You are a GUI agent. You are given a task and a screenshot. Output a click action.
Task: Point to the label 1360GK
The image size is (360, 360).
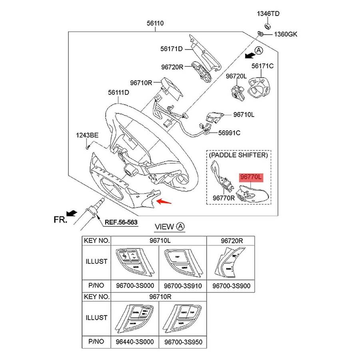click(x=286, y=35)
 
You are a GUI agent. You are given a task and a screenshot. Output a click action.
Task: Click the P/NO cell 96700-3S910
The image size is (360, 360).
click(x=182, y=286)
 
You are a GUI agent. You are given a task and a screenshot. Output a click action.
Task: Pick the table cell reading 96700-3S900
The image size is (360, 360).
click(x=230, y=286)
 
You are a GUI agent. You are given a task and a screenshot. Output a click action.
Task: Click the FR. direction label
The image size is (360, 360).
click(x=61, y=219)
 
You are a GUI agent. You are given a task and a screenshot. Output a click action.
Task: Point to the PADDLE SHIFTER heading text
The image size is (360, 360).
click(x=238, y=154)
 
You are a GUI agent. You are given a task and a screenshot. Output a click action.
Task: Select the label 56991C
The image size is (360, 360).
click(x=229, y=133)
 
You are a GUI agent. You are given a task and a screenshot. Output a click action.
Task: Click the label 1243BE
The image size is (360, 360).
click(x=87, y=136)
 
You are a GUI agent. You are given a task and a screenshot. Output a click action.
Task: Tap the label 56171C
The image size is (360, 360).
click(x=262, y=66)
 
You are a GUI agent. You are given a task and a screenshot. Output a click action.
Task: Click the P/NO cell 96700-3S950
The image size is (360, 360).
click(x=182, y=342)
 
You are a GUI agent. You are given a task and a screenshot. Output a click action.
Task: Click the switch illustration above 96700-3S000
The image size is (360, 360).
click(x=134, y=262)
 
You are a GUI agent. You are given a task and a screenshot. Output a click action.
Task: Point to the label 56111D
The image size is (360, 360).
click(x=118, y=92)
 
